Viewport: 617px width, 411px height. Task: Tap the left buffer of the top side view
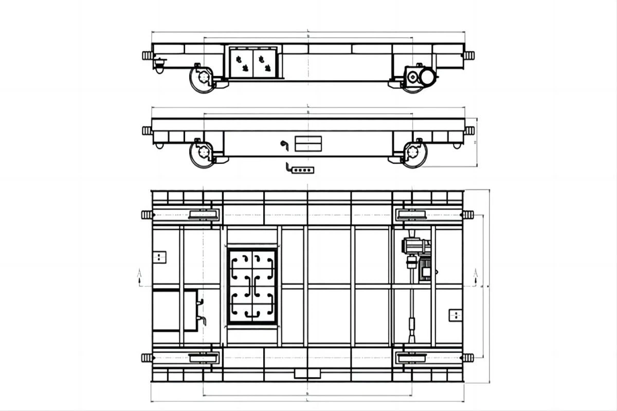[x=147, y=55]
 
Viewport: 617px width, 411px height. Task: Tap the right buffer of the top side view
[x=468, y=55]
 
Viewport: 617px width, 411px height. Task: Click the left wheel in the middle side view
[x=203, y=153]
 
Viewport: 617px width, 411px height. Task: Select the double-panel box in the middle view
[x=308, y=143]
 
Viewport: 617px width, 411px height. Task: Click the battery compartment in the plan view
[x=252, y=286]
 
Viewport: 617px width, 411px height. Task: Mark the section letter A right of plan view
[x=476, y=273]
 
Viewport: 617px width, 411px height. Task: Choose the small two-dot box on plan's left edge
[x=160, y=256]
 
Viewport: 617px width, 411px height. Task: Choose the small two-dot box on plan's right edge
[x=455, y=314]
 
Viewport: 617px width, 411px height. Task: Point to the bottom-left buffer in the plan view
[x=147, y=358]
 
